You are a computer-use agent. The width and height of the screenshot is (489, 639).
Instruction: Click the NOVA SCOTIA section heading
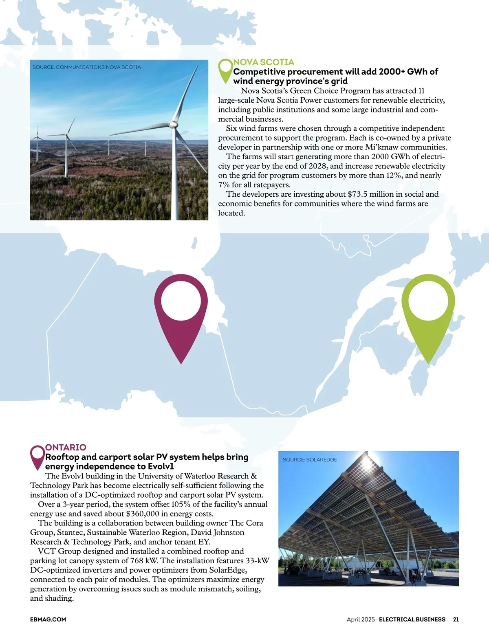(263, 62)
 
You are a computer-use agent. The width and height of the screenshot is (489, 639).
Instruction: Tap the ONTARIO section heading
(66, 447)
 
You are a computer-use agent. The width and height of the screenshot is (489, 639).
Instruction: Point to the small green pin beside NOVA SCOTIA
(225, 70)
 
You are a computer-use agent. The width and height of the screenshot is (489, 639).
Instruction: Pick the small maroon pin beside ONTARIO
(37, 456)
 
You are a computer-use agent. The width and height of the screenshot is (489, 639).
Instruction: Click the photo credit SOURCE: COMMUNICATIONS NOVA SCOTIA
(86, 67)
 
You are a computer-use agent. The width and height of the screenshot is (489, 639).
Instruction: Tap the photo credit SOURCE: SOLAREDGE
(310, 460)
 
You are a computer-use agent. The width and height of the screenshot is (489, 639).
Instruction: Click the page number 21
(456, 619)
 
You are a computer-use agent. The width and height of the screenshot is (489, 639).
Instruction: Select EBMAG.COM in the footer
(48, 619)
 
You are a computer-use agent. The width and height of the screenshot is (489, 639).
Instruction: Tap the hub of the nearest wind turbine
(174, 123)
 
